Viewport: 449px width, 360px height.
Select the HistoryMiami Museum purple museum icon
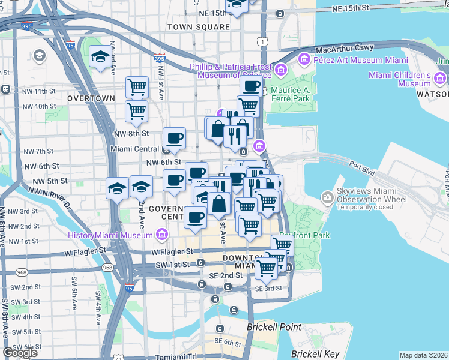tap(161, 235)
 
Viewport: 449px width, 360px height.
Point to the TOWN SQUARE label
tap(199, 27)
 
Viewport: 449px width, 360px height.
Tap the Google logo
tap(20, 353)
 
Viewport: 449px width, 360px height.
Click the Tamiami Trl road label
tap(177, 356)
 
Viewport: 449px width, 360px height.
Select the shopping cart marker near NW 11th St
tap(137, 88)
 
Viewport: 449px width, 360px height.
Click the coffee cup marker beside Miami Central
tap(175, 139)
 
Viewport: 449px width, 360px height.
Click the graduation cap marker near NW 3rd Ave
tap(99, 58)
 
